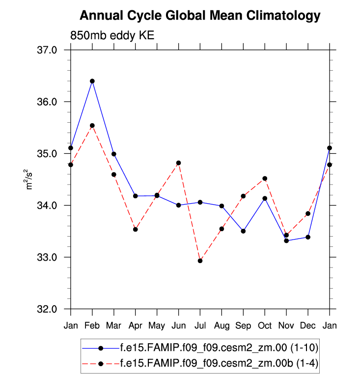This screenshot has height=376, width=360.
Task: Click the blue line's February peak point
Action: [92, 81]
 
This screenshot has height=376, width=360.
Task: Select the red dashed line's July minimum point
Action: [200, 261]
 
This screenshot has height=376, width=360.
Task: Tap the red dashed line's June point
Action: [178, 163]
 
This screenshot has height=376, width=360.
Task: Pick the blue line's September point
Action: [243, 231]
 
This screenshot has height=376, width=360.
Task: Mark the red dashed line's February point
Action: [92, 126]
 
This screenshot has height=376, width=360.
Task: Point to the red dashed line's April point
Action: [136, 229]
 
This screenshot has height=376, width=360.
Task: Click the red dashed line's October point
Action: [265, 178]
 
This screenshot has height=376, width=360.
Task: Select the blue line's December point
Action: [308, 237]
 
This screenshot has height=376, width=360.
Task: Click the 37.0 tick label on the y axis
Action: [48, 50]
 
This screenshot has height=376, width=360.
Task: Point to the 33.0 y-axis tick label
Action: [48, 257]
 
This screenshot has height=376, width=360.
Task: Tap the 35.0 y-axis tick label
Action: [48, 154]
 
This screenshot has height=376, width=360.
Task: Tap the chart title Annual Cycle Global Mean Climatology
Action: [200, 16]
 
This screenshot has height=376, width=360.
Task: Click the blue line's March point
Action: [114, 154]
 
